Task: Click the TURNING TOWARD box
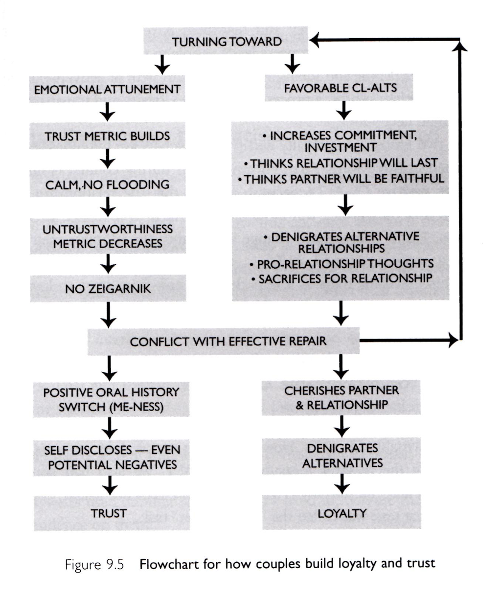226,41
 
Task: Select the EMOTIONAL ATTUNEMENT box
107,89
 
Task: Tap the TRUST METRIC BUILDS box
108,136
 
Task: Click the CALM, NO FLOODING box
108,184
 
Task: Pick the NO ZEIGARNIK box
108,289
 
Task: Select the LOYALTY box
342,513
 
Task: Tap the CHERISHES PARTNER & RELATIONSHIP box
342,398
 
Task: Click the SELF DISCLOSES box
112,457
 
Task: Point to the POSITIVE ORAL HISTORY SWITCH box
111,399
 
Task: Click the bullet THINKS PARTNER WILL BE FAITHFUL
342,179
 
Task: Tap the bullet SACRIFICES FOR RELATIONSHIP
341,278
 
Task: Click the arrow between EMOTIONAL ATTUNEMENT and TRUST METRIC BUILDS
108,112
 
